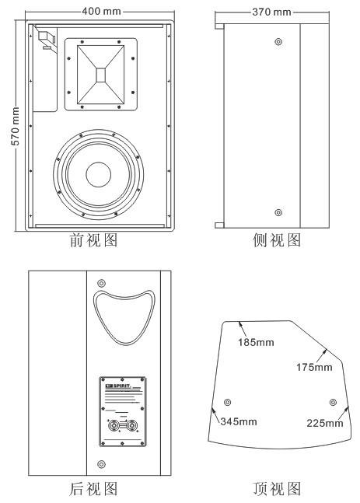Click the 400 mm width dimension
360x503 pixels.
coord(101,12)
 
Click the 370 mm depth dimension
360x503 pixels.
coord(270,12)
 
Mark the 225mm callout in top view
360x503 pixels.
coord(324,422)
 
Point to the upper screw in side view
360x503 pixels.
coord(279,40)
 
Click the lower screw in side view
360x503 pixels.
coord(279,211)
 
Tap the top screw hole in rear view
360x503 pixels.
coord(101,281)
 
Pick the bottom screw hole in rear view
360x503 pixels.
coord(101,464)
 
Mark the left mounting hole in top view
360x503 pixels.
coord(227,402)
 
